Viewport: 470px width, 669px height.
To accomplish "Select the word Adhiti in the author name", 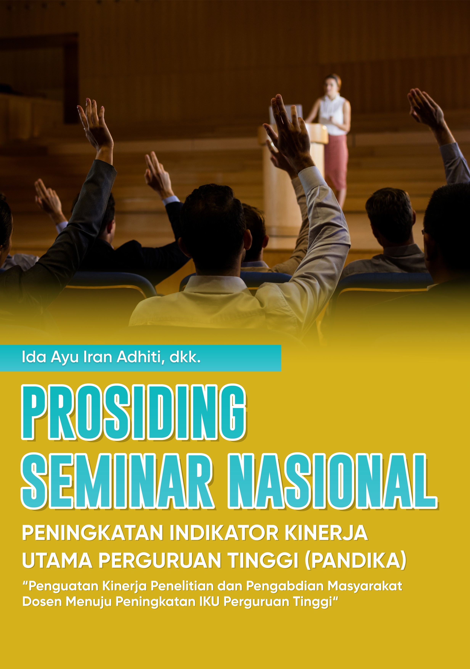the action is tap(141, 357).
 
